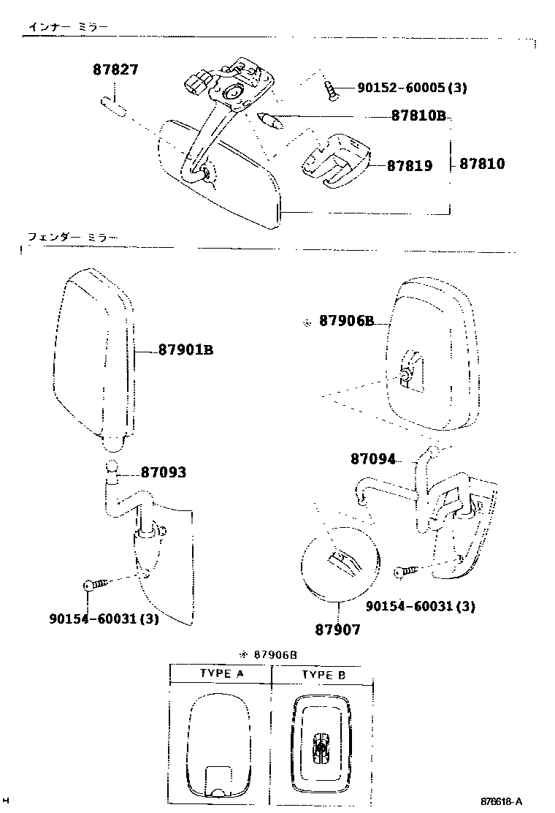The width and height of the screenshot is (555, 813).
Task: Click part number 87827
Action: click(x=115, y=71)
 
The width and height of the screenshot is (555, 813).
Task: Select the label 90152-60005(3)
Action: click(x=412, y=88)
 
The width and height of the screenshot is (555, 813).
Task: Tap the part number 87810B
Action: click(x=418, y=116)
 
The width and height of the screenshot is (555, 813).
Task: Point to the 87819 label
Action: click(x=409, y=166)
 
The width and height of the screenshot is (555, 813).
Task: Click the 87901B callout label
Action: click(x=185, y=350)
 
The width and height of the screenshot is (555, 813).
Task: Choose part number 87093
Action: click(x=163, y=473)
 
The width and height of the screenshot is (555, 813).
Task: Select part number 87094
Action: click(x=372, y=459)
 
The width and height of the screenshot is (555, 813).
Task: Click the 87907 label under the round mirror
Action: click(x=338, y=629)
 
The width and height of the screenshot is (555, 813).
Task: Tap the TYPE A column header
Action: click(x=221, y=674)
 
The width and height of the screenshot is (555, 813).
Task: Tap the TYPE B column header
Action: click(x=322, y=675)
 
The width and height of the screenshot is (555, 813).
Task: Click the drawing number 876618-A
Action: click(x=502, y=801)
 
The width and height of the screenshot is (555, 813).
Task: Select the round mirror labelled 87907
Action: click(x=338, y=564)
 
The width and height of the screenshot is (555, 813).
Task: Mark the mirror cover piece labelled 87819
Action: click(x=336, y=160)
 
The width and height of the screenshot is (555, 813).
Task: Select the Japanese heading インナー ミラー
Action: click(x=68, y=28)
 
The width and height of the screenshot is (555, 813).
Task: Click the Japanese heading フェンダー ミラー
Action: click(x=72, y=237)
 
